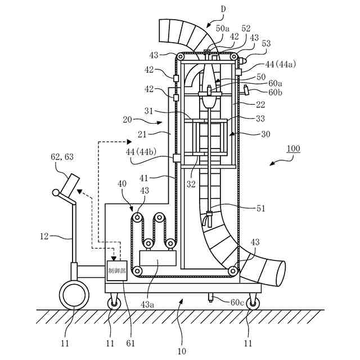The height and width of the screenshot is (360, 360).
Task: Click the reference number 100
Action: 294,148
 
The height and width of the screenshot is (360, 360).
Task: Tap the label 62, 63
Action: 62,157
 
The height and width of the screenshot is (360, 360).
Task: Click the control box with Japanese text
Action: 117,271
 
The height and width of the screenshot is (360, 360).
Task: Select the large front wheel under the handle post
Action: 74,295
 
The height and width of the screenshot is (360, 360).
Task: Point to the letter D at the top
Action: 223,9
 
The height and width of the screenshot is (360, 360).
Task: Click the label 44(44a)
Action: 281,64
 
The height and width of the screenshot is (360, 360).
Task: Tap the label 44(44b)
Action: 141,152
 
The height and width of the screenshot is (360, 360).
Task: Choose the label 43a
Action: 147,304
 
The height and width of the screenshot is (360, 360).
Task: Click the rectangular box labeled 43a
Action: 158,258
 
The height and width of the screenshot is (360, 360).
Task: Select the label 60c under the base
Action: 237,303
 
